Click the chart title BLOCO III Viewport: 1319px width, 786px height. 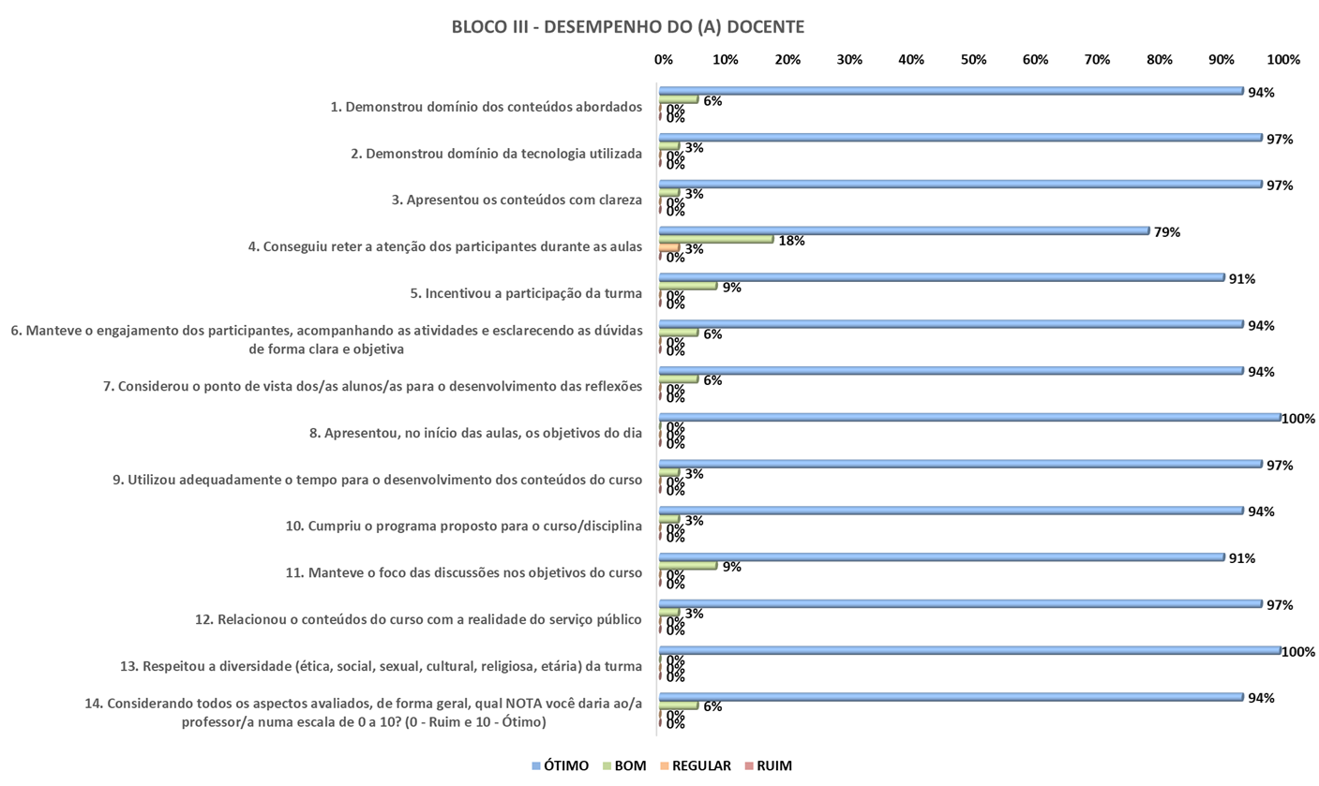(x=627, y=27)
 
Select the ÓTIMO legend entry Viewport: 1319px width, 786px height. (x=561, y=765)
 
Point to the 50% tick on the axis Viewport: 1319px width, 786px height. (x=973, y=60)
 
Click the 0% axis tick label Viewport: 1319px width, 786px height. (x=664, y=60)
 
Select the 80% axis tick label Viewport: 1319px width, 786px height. (x=1160, y=60)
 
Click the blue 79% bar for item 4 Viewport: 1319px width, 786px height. (x=904, y=230)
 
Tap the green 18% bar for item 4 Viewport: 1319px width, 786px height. (x=716, y=239)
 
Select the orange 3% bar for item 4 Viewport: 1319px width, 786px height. (x=669, y=247)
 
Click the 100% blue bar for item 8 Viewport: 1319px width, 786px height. (x=969, y=417)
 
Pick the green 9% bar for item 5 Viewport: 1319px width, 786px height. (x=688, y=286)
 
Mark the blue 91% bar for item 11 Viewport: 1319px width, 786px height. (x=941, y=556)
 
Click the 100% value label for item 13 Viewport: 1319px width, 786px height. (x=1299, y=652)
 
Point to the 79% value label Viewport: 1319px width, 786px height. (x=1167, y=232)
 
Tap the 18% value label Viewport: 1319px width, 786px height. (x=791, y=241)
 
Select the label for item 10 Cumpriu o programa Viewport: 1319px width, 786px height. (x=463, y=526)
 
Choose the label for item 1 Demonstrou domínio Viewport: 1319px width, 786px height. (x=487, y=107)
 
